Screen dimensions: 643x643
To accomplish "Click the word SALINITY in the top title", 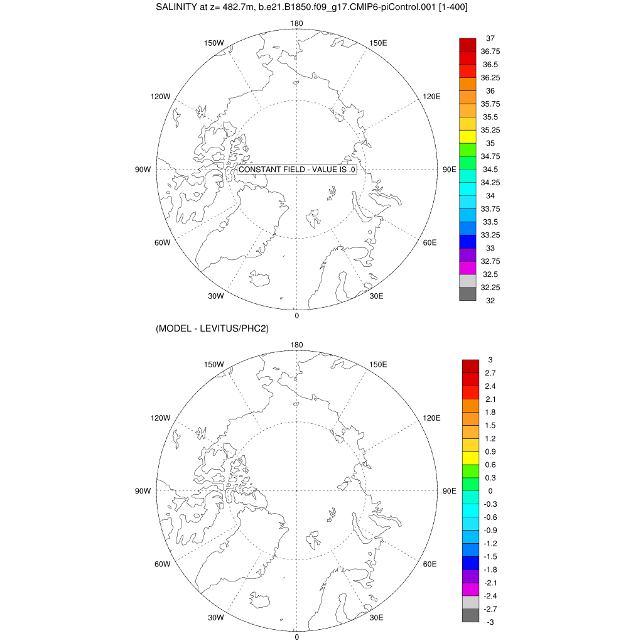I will point(178,8).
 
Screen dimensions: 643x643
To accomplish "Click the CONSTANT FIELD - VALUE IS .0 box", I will point(298,170).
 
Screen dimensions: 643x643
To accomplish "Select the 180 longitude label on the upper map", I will point(296,24).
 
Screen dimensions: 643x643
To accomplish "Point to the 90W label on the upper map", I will point(143,170).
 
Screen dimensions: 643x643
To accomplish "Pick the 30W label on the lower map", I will point(216,618).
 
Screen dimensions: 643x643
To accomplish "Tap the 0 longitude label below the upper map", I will point(296,315).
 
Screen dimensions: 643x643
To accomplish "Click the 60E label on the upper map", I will point(430,243).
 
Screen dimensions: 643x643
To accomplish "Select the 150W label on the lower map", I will point(215,365).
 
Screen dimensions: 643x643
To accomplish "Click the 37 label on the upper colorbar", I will point(490,38).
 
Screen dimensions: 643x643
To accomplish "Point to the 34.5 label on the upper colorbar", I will point(490,170).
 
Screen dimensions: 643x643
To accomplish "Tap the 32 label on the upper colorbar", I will point(490,301).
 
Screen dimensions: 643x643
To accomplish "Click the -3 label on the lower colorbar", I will point(490,622).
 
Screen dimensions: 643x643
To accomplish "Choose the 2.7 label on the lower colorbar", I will point(490,373).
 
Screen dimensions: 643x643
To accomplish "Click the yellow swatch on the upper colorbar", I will point(468,136).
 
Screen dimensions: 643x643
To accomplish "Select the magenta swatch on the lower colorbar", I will point(471,590).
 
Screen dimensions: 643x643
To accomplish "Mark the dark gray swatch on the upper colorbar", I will point(468,294).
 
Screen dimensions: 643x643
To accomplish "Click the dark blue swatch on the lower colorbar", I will point(471,563).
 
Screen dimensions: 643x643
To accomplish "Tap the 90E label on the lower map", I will point(449,491).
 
